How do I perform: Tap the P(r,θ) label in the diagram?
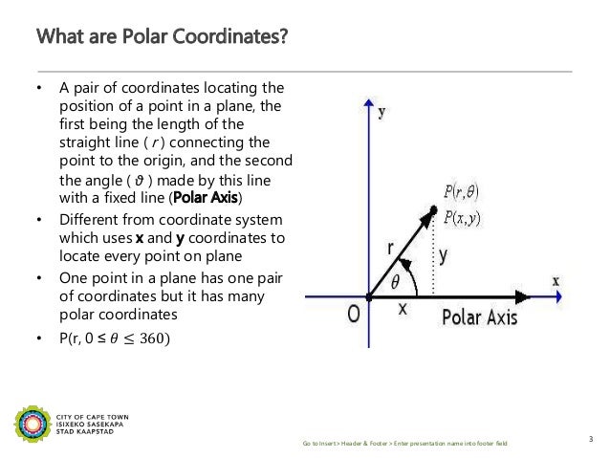(467, 191)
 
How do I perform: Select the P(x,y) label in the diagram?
(467, 217)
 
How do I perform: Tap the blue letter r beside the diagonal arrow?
(392, 247)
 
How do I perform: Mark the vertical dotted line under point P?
(435, 258)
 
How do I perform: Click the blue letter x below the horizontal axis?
(402, 310)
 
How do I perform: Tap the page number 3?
(591, 439)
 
